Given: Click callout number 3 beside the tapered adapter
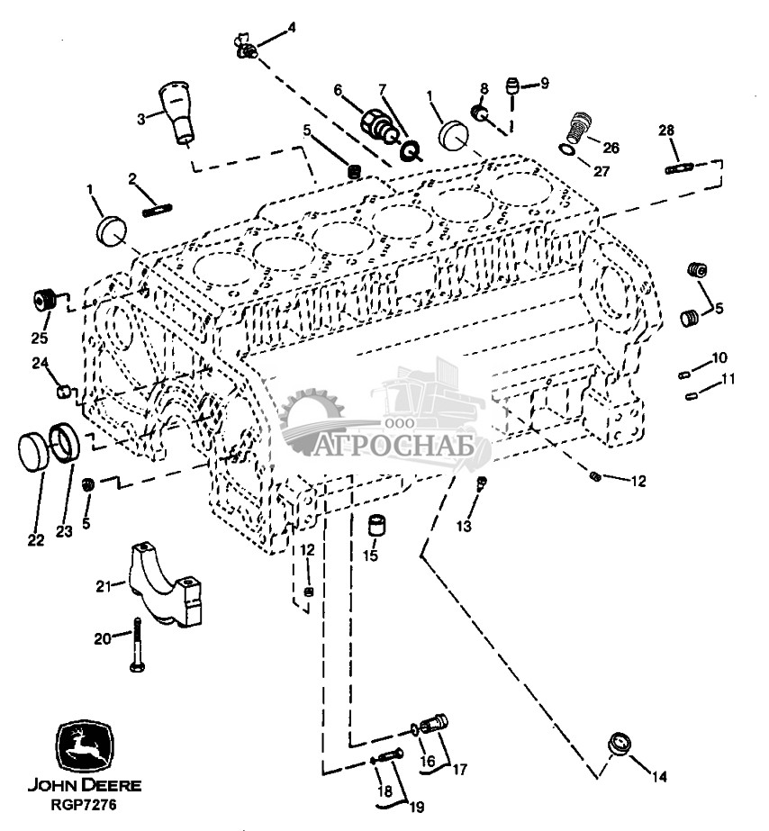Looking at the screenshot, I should [x=141, y=117].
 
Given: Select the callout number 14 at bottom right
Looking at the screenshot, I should [x=659, y=775].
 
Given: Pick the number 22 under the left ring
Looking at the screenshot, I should [x=35, y=541].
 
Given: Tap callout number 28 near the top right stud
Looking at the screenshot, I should [x=666, y=131].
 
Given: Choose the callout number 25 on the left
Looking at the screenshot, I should [x=39, y=339].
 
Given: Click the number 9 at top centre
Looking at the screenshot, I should [x=543, y=84].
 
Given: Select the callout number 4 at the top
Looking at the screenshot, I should [x=290, y=28].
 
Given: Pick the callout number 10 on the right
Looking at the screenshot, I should [x=719, y=357].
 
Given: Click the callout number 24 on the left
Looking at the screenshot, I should [x=41, y=363].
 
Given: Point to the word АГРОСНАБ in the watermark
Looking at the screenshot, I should [x=395, y=446].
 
